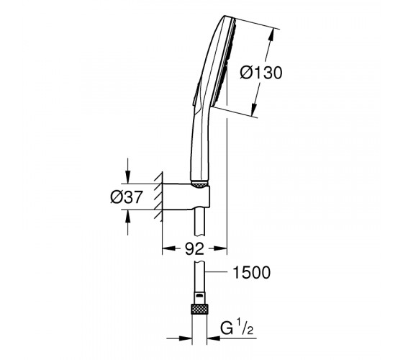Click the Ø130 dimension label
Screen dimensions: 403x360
261,73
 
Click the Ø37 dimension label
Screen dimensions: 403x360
126,197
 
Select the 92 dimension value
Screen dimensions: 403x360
194,248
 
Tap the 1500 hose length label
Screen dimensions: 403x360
251,272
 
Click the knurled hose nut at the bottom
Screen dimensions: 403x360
199,309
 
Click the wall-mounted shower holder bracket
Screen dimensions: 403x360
186,197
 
